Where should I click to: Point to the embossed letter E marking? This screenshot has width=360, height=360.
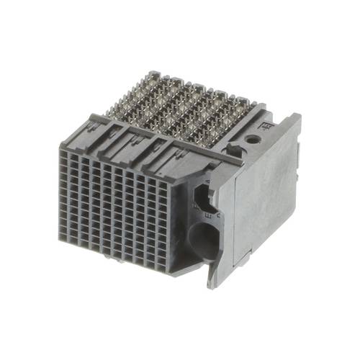(x=209, y=215)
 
